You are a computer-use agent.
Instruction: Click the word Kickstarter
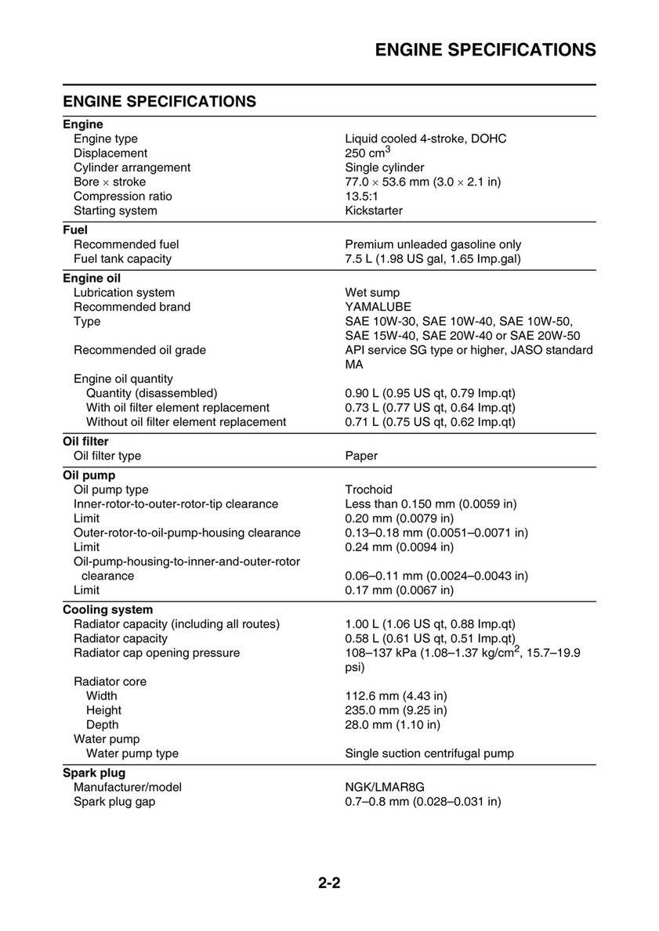(x=374, y=211)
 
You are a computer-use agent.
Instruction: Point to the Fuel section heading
(x=75, y=230)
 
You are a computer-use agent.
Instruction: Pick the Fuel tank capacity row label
(x=122, y=258)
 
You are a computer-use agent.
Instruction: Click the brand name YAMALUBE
(x=378, y=307)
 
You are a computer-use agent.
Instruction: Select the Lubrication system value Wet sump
(x=372, y=293)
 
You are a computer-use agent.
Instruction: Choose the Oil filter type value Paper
(x=361, y=456)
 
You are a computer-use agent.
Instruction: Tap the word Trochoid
(x=368, y=489)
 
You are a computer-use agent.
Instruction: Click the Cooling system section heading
(x=107, y=609)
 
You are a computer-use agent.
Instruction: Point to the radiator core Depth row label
(x=103, y=724)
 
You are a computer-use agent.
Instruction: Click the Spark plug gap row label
(x=114, y=802)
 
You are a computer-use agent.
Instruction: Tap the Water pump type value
(x=429, y=753)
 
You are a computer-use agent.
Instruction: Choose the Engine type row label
(x=106, y=139)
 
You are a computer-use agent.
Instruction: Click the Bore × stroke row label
(x=110, y=182)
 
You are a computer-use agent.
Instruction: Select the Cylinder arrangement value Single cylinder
(x=385, y=168)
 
